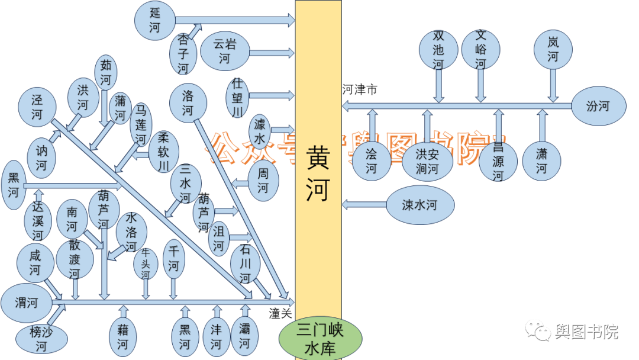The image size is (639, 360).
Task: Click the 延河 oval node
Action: click(x=155, y=20)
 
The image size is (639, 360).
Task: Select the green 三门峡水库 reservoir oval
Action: click(x=319, y=339)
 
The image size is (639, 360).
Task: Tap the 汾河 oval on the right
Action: click(x=598, y=107)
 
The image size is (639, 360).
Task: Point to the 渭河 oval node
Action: click(x=27, y=303)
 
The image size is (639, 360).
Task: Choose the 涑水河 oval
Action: click(x=419, y=205)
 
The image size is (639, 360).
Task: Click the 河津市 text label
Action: click(x=360, y=90)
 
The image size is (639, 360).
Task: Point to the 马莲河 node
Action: click(x=141, y=124)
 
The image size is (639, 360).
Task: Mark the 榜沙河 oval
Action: click(x=41, y=339)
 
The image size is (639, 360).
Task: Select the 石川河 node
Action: click(x=245, y=263)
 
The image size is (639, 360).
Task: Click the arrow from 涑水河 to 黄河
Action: click(x=363, y=205)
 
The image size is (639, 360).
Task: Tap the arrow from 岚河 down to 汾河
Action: click(x=553, y=85)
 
